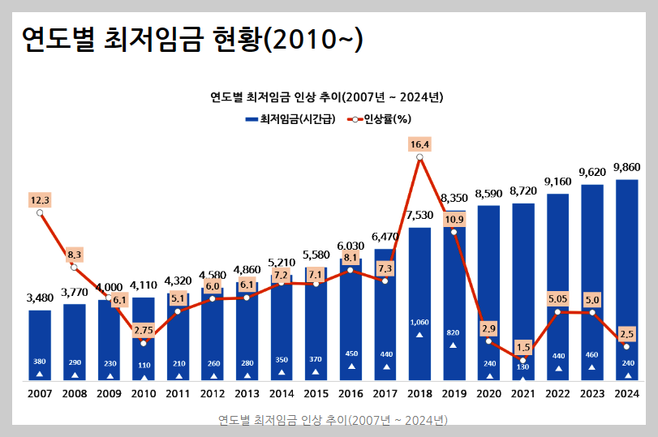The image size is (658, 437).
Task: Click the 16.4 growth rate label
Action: (x=419, y=145)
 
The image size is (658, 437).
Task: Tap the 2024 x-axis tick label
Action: (x=626, y=394)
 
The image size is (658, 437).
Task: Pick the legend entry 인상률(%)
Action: (x=379, y=118)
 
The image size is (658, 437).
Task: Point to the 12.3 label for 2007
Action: (x=40, y=199)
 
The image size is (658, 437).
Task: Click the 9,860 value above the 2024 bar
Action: (x=626, y=168)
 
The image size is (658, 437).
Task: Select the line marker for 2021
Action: (x=523, y=359)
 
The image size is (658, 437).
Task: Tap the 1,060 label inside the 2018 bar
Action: (x=419, y=322)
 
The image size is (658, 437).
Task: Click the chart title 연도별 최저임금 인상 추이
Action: (x=326, y=97)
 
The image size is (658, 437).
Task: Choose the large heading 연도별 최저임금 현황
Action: (x=191, y=38)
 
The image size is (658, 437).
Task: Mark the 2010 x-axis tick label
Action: (x=144, y=394)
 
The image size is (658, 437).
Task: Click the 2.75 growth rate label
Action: (x=143, y=330)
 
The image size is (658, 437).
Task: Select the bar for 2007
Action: (x=40, y=345)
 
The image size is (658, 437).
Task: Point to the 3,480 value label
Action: (x=40, y=298)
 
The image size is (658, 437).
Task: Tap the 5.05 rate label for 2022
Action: (x=557, y=298)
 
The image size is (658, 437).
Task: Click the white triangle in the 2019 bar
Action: (x=454, y=345)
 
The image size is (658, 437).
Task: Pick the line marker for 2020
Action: (x=488, y=341)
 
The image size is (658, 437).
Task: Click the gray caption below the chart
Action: (x=333, y=420)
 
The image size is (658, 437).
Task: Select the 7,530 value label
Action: (x=419, y=216)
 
